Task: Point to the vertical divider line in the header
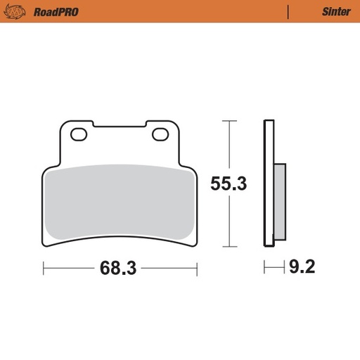289,11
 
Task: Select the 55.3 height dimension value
229,184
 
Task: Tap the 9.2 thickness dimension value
300,267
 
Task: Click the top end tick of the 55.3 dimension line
226,121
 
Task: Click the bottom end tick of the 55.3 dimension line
226,247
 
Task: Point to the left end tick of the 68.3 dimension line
44,268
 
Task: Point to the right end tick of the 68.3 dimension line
197,268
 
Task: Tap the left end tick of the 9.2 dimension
265,267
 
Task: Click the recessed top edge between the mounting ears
120,128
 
